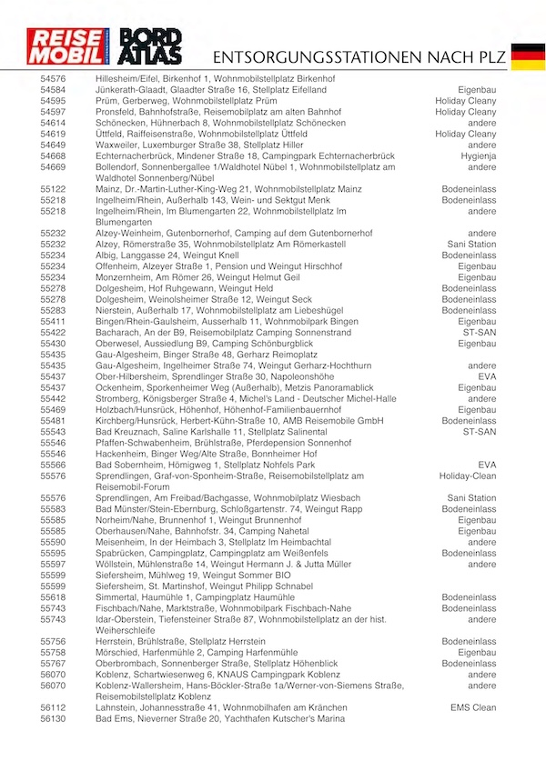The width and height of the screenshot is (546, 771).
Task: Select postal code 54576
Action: pos(53,80)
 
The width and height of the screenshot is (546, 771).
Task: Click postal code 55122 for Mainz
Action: pos(53,189)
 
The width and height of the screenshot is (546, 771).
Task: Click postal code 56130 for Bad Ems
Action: pos(53,718)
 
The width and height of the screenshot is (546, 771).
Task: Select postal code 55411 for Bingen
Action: pos(53,321)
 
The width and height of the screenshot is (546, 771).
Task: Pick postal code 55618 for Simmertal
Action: pos(53,597)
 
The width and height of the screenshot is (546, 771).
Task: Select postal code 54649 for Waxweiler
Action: pos(53,145)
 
